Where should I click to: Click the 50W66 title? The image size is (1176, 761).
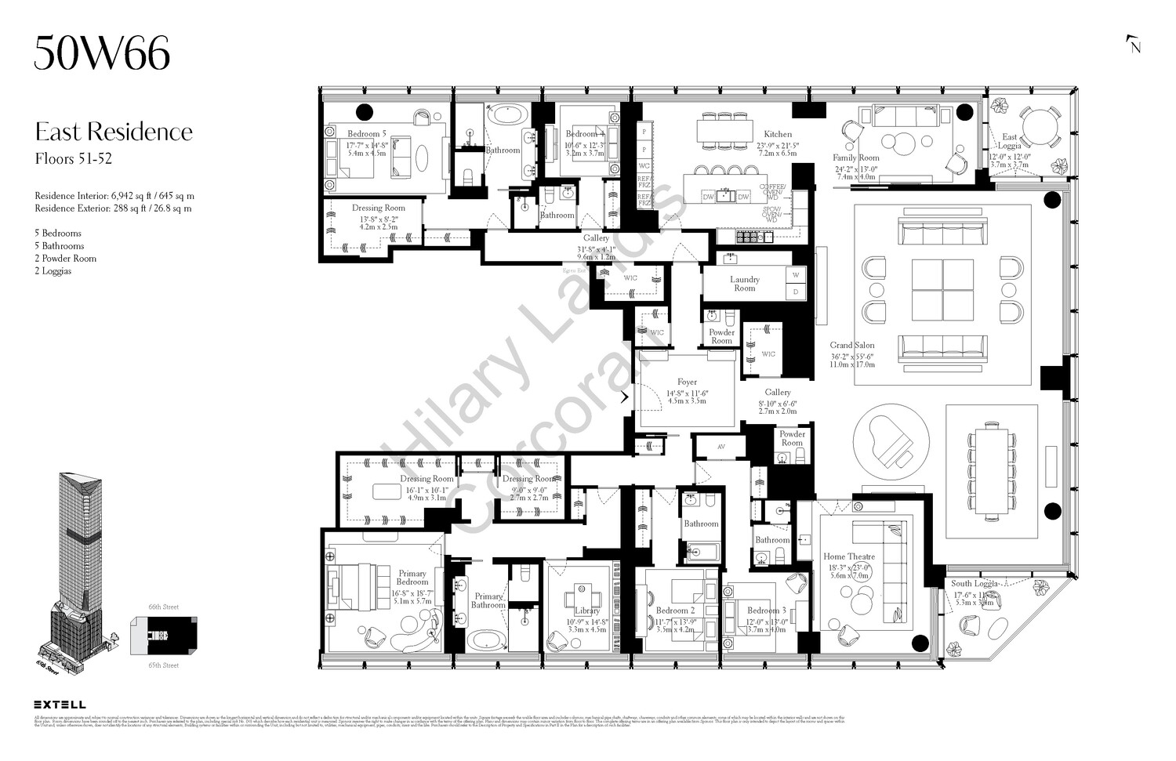coord(102,54)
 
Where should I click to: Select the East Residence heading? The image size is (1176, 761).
coord(114,131)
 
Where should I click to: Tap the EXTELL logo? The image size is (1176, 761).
coord(60,705)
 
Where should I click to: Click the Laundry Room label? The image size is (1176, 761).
coord(744,283)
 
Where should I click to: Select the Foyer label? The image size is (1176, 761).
coord(687,382)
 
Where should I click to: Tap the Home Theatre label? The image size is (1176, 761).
coord(848,557)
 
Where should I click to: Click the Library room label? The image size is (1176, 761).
coord(586,611)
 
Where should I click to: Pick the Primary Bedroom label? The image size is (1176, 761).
coord(412,578)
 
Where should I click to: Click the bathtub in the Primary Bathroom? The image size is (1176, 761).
coord(488,640)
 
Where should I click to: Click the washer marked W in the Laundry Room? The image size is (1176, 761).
coord(796,275)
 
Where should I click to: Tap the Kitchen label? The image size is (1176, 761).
coord(778,134)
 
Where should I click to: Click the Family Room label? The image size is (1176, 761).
coord(856,158)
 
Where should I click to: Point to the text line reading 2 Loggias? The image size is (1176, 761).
coord(53,271)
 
